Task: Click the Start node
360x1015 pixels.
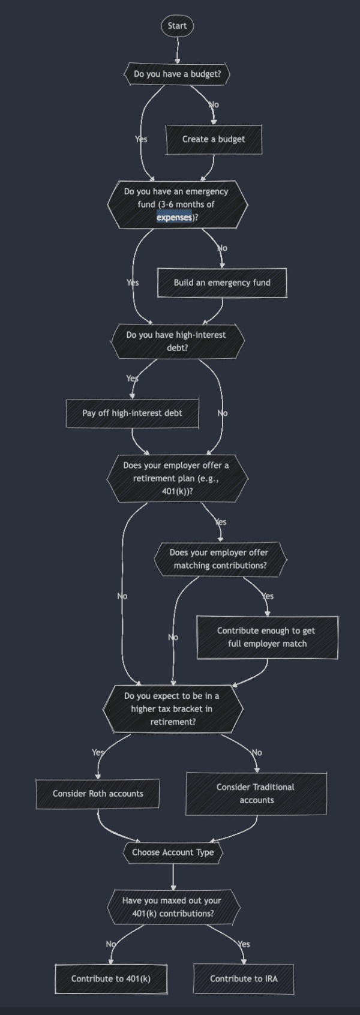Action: (177, 26)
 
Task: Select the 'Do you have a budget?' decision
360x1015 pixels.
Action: (177, 74)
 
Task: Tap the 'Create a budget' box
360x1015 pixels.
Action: (214, 139)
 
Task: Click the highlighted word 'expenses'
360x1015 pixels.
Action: (174, 217)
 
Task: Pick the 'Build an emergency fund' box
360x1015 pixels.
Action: (222, 283)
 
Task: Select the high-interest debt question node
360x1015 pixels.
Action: (177, 341)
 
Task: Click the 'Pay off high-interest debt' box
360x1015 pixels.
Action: (132, 413)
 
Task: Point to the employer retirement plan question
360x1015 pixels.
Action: (177, 478)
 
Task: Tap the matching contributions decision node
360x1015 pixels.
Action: (220, 559)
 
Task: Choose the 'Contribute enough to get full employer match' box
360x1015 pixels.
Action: (267, 637)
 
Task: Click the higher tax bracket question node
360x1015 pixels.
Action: (172, 709)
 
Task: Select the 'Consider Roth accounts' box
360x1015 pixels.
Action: (98, 794)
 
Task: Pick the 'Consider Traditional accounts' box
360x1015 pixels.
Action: (256, 794)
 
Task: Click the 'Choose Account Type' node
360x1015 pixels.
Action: (173, 852)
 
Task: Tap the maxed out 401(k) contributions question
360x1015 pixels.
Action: (172, 907)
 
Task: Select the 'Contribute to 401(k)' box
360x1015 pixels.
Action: (111, 979)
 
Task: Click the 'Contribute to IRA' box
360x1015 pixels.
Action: (244, 979)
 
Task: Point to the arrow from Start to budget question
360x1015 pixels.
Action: (177, 50)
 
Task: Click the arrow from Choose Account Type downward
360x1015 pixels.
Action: (173, 877)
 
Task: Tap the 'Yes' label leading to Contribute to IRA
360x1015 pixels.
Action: (244, 944)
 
